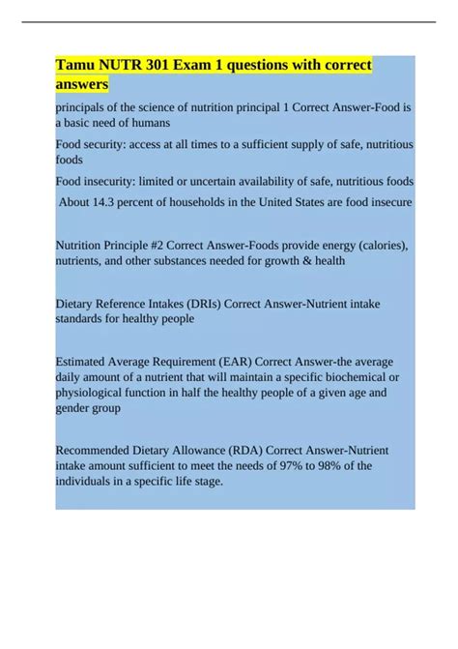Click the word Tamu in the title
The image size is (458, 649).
click(x=80, y=67)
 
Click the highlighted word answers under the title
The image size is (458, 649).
click(x=82, y=85)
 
